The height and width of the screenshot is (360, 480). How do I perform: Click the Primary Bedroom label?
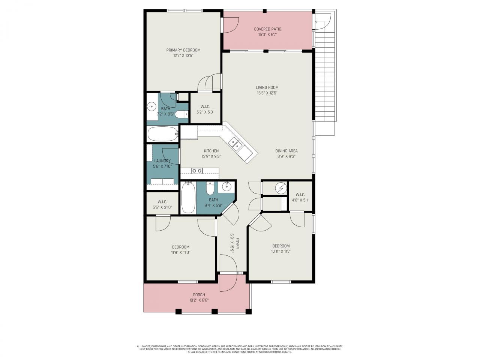click(183, 50)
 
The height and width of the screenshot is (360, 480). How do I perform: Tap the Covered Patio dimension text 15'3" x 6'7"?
click(267, 34)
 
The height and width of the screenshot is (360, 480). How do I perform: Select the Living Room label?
click(267, 87)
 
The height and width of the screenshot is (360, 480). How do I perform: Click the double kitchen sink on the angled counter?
click(235, 144)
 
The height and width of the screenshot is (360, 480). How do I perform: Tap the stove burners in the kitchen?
click(197, 171)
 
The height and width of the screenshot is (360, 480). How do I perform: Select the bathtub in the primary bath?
click(162, 133)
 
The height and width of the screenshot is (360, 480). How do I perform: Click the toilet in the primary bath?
click(181, 114)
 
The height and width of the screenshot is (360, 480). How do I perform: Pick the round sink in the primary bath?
click(151, 107)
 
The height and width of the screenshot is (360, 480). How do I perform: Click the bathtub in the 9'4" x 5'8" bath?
click(188, 197)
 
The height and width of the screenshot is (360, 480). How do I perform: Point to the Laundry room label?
click(162, 161)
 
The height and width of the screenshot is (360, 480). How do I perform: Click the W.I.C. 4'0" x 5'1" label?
click(300, 195)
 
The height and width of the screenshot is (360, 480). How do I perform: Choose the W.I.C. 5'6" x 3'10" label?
click(162, 202)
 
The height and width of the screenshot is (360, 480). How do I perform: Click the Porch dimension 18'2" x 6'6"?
click(199, 300)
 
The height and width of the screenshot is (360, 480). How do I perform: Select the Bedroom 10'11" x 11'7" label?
click(281, 246)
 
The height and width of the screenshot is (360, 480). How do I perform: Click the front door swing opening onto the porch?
click(227, 283)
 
